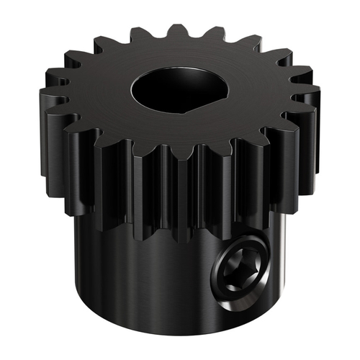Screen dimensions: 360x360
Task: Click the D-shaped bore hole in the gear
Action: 179,93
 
